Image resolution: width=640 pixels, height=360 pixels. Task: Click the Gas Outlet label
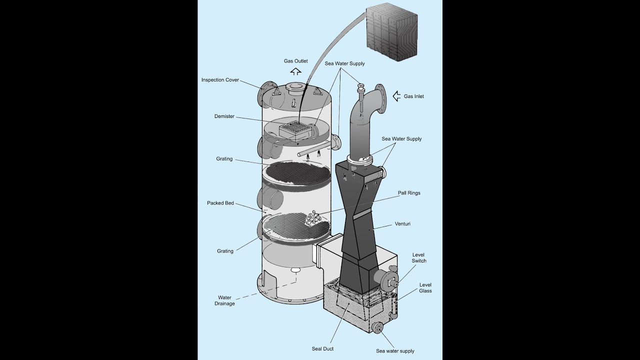(295, 61)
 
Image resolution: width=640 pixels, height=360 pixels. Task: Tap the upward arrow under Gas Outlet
(295, 71)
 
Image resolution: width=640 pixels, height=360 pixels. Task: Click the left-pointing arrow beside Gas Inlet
(397, 96)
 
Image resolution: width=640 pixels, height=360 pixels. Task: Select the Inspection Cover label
(220, 80)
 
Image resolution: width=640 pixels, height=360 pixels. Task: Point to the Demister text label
(224, 116)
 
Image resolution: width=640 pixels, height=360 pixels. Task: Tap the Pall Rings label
(409, 193)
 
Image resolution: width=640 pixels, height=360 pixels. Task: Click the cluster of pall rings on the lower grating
(314, 217)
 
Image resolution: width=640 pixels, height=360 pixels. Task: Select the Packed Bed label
(220, 203)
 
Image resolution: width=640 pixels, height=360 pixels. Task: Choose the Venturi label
(402, 224)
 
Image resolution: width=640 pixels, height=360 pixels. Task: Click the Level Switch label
(419, 258)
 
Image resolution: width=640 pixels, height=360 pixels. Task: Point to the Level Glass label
(425, 288)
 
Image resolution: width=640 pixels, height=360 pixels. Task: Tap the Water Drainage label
(224, 300)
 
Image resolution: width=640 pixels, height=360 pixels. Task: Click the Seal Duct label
(322, 348)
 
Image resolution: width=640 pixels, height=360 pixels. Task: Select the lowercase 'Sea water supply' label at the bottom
(395, 351)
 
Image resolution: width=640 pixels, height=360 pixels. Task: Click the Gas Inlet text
(413, 96)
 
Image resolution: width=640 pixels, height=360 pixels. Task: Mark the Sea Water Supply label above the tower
(344, 63)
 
